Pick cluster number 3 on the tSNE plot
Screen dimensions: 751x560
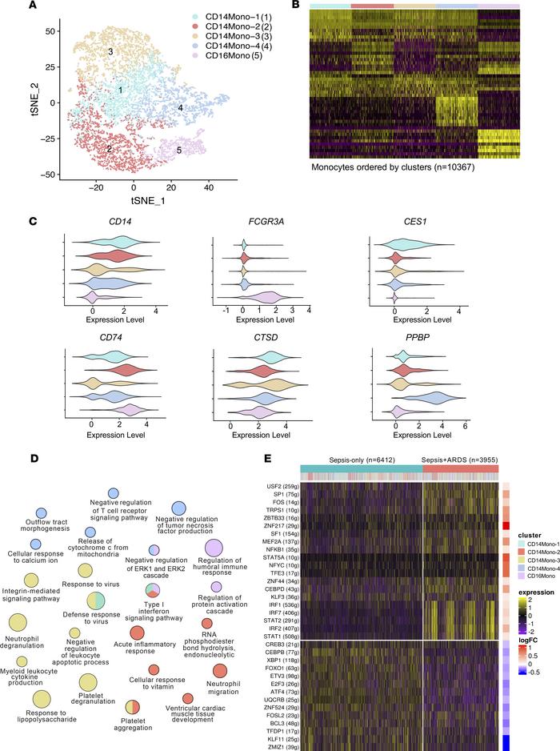coord(110,51)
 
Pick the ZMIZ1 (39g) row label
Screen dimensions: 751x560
coord(285,740)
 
